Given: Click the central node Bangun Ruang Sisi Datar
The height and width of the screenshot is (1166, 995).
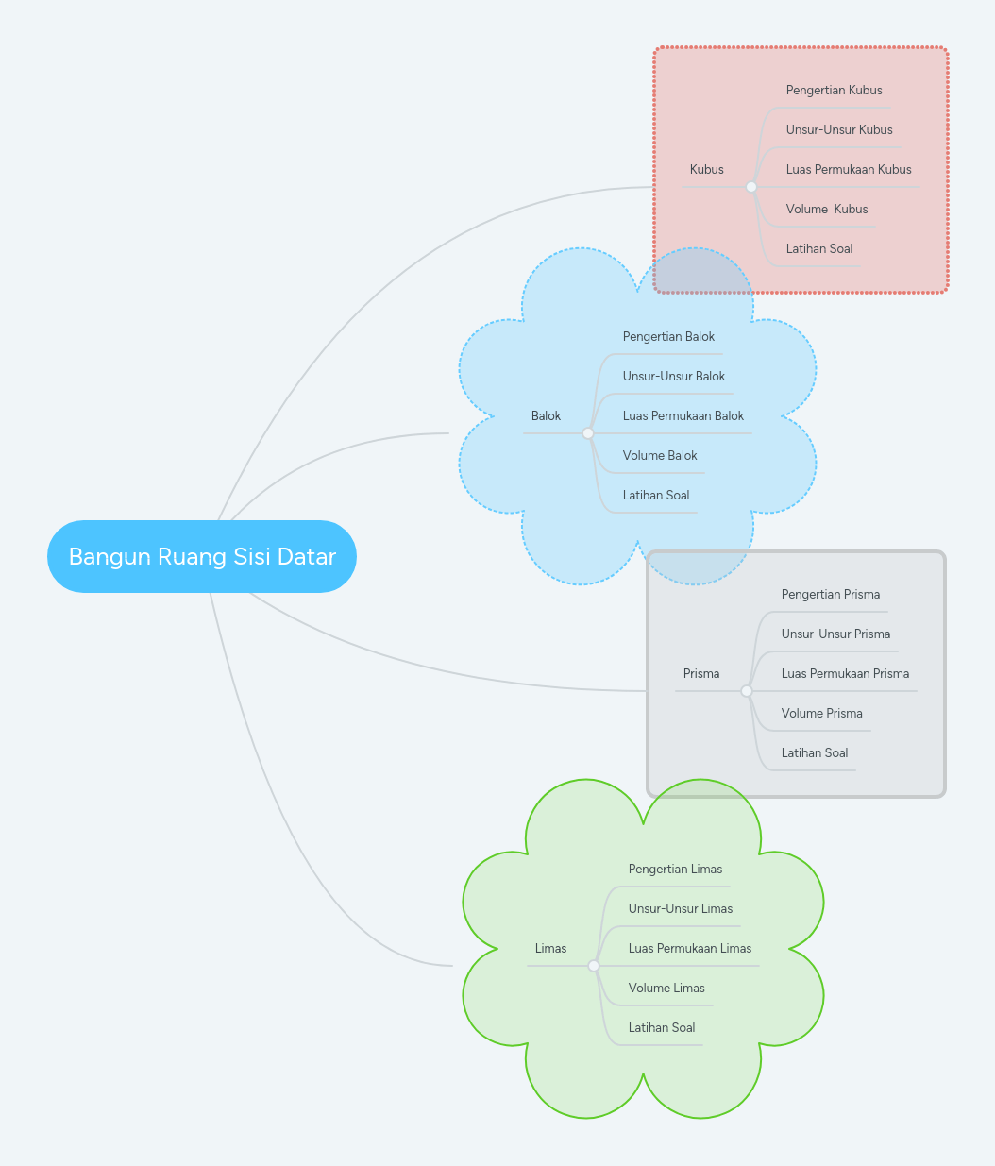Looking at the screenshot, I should [x=202, y=556].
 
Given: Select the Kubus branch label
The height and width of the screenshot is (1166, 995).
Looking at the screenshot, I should [x=706, y=170].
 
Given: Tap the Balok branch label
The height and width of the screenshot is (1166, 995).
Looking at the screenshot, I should [x=546, y=416].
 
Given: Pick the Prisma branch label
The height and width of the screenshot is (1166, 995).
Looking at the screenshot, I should [x=700, y=674].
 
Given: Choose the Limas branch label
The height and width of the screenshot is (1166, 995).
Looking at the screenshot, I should [x=550, y=949].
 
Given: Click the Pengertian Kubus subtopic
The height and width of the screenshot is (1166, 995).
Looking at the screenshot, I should [x=834, y=91].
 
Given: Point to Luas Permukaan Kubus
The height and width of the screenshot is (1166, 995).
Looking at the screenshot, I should [x=849, y=170].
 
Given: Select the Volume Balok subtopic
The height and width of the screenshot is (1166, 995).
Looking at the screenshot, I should [x=659, y=456].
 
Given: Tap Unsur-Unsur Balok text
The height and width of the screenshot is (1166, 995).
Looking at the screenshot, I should [x=673, y=377].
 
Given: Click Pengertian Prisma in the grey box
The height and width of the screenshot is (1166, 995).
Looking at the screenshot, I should [x=830, y=595].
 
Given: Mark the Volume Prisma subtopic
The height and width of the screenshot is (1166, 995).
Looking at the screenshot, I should [x=821, y=714].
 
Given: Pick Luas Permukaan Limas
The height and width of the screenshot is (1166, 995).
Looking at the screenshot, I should [x=689, y=949].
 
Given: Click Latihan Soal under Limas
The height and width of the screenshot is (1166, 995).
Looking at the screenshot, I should [x=661, y=1028].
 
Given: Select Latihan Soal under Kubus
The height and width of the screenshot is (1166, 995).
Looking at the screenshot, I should [x=818, y=249].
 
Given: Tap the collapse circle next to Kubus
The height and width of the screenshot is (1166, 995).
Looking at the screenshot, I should [x=751, y=187].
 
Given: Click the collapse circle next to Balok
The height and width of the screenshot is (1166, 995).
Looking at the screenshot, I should [x=588, y=433].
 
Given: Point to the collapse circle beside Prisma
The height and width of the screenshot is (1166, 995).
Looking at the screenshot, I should [x=747, y=691].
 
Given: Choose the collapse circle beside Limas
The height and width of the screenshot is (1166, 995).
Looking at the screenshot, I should [x=594, y=966].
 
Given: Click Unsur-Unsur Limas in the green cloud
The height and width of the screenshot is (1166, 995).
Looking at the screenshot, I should [x=680, y=909].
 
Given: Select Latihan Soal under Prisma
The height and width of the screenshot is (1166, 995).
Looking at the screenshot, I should [x=814, y=753].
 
